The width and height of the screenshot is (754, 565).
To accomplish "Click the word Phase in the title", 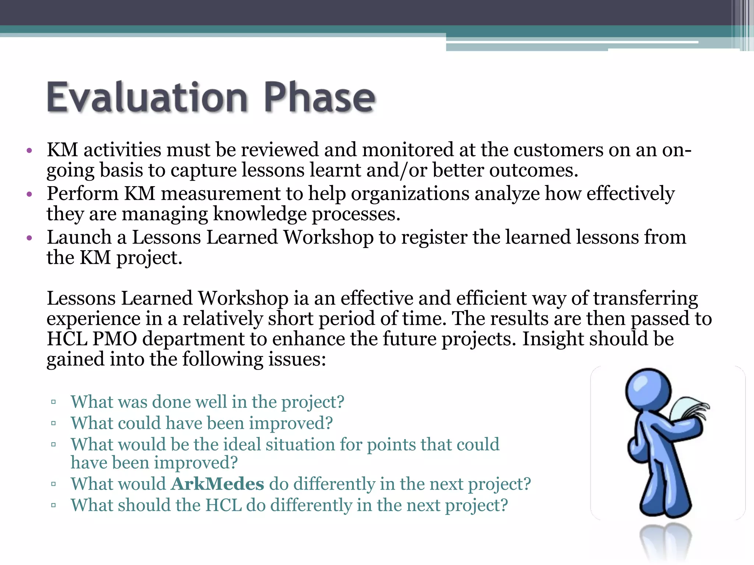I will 319,97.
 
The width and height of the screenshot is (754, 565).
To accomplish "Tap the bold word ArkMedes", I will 218,484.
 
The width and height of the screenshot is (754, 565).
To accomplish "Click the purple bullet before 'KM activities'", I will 29,151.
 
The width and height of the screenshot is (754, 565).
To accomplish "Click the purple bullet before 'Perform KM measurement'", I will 29,194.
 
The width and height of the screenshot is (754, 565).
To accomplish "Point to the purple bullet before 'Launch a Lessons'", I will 29,238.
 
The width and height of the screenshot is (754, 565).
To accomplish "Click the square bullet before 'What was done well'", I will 54,402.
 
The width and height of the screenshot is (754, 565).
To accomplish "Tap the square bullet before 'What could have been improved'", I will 54,423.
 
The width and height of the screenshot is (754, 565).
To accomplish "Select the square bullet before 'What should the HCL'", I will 54,505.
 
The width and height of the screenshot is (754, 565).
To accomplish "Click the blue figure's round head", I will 648,391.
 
